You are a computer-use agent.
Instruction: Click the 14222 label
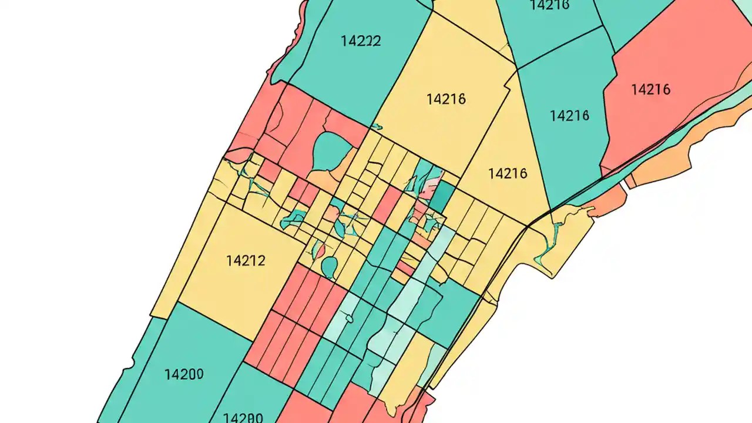(x=361, y=41)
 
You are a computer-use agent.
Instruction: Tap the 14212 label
(x=246, y=261)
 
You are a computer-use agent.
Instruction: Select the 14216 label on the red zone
(x=650, y=90)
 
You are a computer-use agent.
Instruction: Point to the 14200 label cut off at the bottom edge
(x=243, y=418)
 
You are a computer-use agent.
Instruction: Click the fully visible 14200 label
(x=184, y=374)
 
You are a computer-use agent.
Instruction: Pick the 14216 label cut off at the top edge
(x=549, y=5)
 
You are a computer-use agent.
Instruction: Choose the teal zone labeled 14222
(x=352, y=70)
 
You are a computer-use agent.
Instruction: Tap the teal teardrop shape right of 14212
(x=330, y=267)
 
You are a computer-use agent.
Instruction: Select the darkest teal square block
(x=444, y=195)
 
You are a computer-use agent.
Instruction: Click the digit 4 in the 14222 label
(x=350, y=41)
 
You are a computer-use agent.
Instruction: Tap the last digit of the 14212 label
(x=261, y=261)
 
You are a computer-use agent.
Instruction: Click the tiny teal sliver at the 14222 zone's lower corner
(x=376, y=126)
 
